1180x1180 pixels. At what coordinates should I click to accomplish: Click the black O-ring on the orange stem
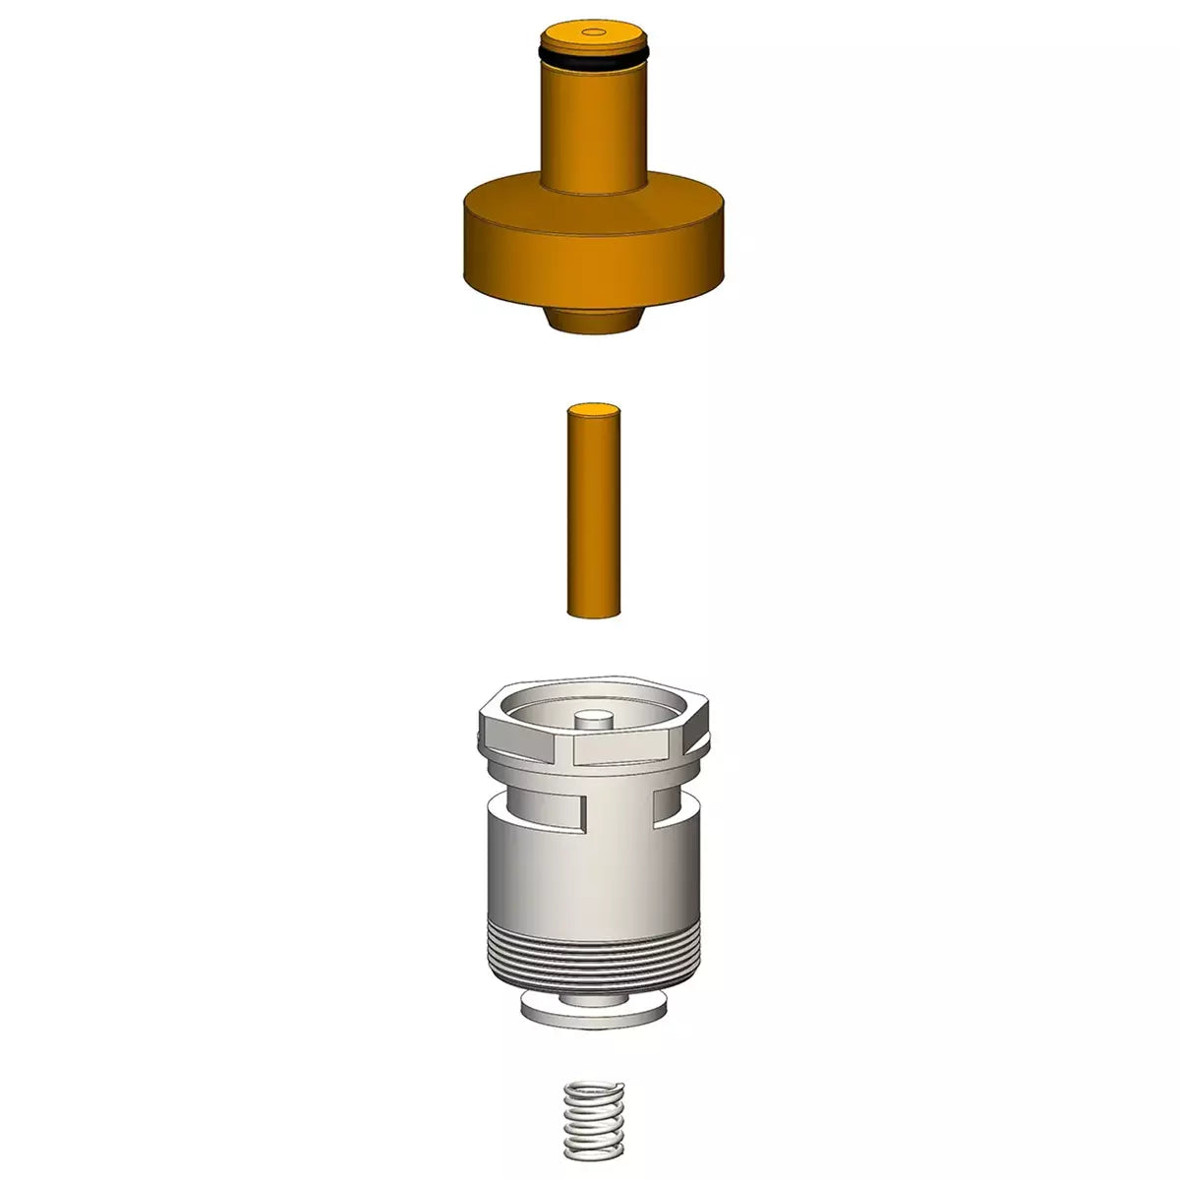[x=590, y=59]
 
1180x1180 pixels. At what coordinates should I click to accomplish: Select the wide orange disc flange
[x=594, y=246]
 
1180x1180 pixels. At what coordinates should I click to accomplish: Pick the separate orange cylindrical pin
[x=594, y=511]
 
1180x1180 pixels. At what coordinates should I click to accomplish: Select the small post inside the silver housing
[x=592, y=721]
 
